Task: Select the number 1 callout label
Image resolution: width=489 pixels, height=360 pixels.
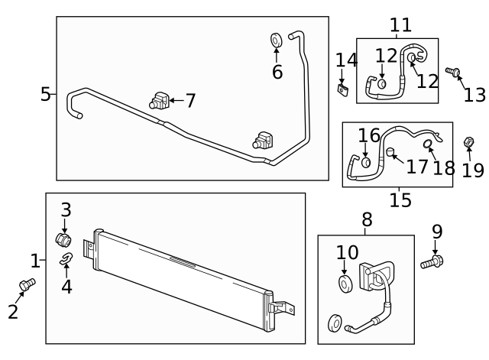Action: (x=34, y=261)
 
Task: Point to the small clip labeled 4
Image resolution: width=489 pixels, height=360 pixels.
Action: (x=66, y=258)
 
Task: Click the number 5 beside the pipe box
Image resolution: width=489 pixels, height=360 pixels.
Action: (x=46, y=94)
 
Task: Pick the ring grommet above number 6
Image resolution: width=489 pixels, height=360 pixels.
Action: (x=277, y=39)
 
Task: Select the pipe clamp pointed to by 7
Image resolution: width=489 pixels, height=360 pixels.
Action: (x=159, y=100)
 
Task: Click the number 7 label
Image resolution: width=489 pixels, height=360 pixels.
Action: (x=189, y=100)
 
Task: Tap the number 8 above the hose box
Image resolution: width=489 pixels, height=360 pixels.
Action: (x=367, y=219)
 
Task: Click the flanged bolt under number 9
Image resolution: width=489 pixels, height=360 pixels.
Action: (x=431, y=264)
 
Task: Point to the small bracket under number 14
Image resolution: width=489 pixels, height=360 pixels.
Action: (x=343, y=90)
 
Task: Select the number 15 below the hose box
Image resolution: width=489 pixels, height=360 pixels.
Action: (x=400, y=200)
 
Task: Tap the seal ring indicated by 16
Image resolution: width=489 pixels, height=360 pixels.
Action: (x=367, y=162)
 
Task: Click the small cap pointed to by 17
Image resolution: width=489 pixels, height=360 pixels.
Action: (x=389, y=152)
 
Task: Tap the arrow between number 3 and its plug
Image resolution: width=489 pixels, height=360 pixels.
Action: (x=65, y=226)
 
